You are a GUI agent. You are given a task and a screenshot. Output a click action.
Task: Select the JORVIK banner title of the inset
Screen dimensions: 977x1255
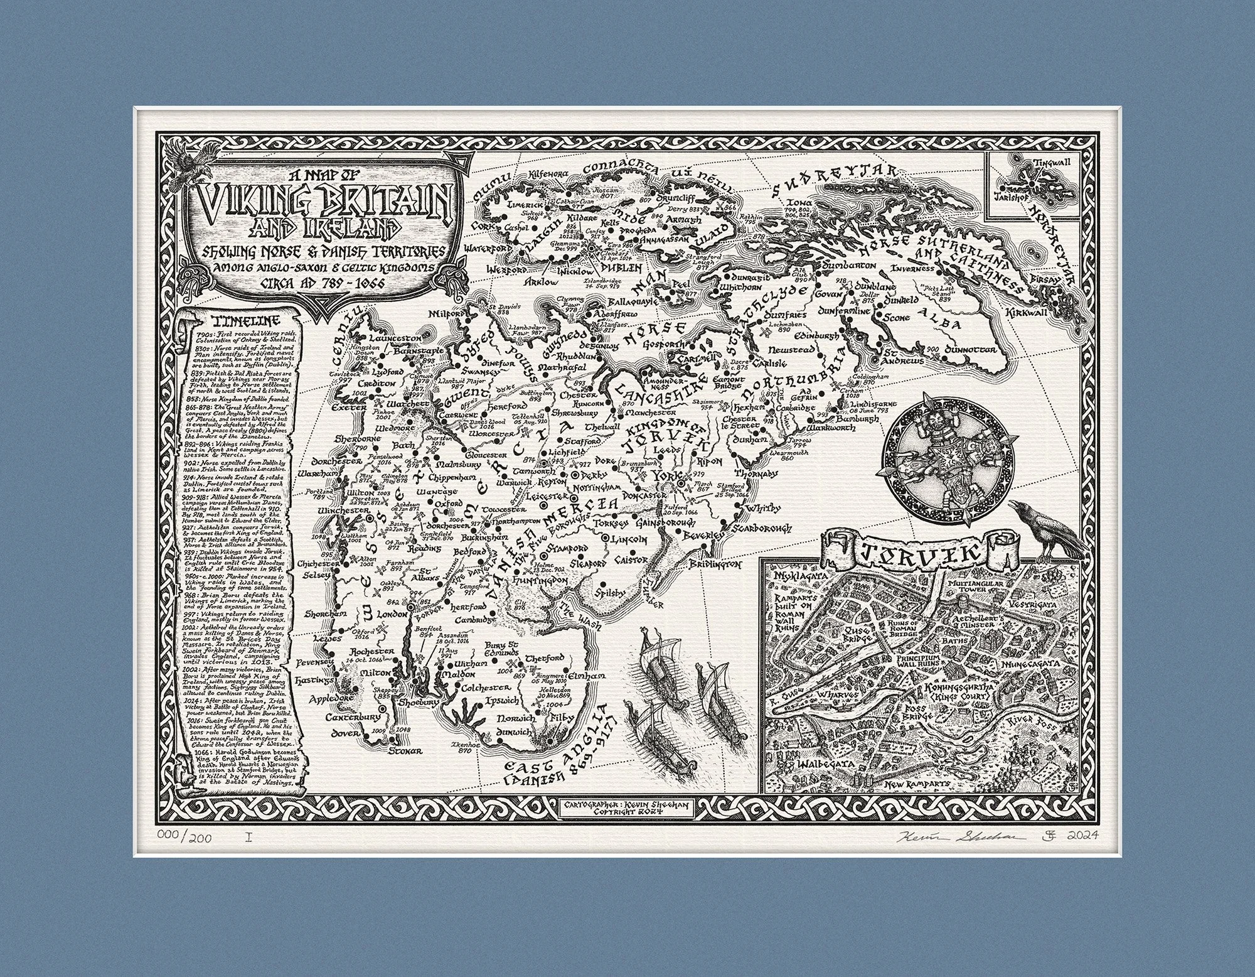pos(909,553)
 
